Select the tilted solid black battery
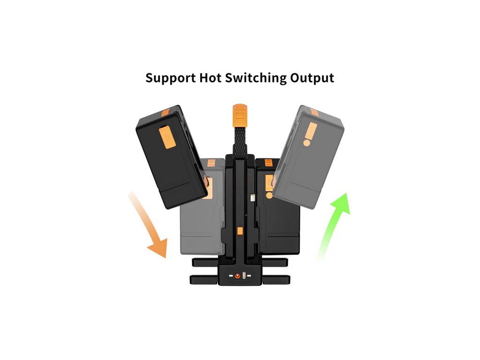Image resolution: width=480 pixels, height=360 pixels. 171,157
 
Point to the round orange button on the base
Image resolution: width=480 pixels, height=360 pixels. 237,277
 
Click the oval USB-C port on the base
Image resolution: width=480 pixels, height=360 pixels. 245,276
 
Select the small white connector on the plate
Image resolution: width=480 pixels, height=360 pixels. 253,198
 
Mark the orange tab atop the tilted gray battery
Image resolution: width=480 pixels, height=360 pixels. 314,112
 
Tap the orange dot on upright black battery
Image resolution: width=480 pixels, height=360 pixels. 268,195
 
